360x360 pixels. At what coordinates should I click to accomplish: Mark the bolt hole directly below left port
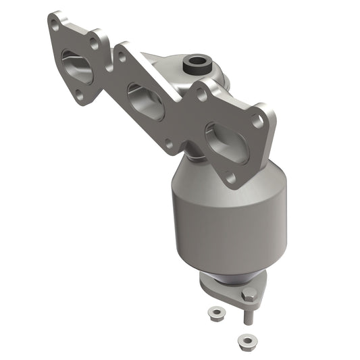[x=81, y=98]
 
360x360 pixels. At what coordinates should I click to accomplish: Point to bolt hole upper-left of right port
[x=201, y=96]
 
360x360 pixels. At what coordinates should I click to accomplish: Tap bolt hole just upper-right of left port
[x=94, y=41]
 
